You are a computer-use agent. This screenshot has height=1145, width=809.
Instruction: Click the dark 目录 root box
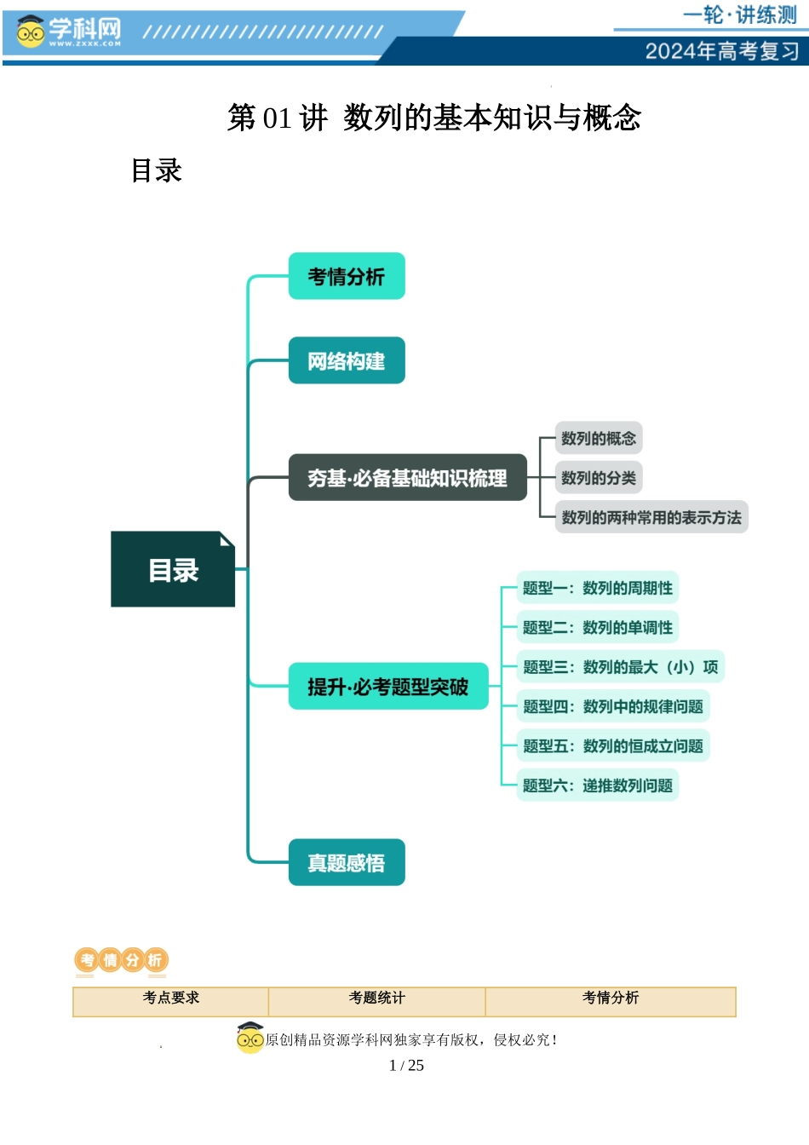coord(173,569)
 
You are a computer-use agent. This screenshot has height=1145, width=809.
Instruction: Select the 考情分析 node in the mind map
coord(347,276)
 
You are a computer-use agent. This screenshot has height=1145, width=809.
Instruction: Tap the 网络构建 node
coord(347,361)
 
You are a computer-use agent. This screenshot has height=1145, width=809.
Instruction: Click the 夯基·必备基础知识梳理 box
coord(407,478)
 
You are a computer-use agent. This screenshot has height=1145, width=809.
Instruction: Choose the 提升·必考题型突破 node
coord(388,687)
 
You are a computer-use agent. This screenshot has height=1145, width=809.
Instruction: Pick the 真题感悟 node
coord(347,863)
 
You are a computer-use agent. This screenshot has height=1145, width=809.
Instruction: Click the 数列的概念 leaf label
coord(599,439)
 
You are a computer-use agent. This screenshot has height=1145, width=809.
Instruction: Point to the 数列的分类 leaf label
coord(599,478)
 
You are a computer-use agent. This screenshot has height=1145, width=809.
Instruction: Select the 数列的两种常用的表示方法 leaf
coord(651,517)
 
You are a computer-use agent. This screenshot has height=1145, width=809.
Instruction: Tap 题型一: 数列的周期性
coord(598,588)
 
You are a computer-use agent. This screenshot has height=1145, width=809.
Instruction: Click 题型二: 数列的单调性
coord(598,628)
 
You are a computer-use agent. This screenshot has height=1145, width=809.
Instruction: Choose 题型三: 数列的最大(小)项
coord(621,667)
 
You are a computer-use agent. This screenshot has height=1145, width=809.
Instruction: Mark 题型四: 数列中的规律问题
coord(613,706)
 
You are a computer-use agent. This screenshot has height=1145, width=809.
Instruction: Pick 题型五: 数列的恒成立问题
coord(613,746)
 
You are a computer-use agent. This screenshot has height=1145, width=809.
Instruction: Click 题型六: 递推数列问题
coord(598,785)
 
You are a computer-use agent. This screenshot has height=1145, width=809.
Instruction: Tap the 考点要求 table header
coord(171,998)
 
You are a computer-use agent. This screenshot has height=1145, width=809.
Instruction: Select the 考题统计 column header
coord(377,998)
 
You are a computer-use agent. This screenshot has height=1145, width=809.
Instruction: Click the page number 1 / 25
coord(406,1065)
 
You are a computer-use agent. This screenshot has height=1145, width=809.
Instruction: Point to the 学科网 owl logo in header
coord(31,32)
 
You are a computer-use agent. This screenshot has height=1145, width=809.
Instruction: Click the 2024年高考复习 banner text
coord(722,51)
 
